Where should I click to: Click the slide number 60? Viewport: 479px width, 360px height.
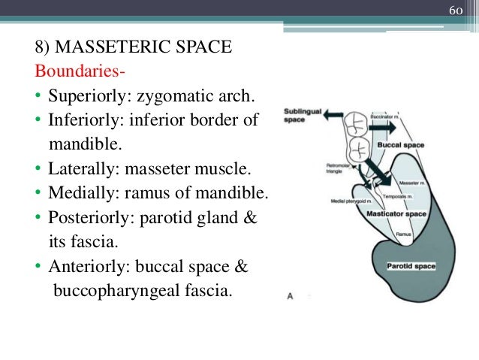456,11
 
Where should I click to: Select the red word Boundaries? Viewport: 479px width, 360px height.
79,73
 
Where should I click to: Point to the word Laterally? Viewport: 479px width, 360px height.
81,166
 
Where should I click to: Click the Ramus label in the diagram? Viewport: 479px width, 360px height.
402,234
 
